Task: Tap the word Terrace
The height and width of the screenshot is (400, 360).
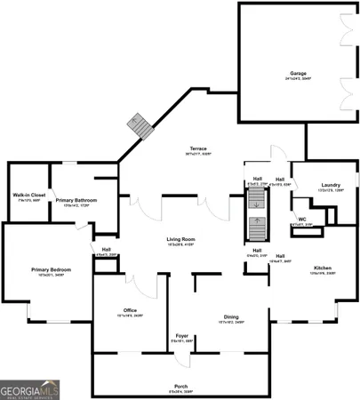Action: (198, 148)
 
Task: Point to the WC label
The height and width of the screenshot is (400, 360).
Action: (301, 219)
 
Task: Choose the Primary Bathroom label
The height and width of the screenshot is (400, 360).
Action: (76, 201)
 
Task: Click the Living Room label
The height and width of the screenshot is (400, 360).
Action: (180, 240)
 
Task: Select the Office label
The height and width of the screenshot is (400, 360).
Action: (130, 309)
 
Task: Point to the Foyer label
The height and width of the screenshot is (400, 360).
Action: (181, 335)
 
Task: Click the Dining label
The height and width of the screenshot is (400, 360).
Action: (230, 317)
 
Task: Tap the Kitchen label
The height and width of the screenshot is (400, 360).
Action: (321, 268)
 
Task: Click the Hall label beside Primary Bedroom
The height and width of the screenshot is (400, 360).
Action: (106, 250)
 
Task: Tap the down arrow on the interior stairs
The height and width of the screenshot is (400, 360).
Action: (256, 204)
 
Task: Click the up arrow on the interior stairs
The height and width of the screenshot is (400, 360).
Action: (256, 221)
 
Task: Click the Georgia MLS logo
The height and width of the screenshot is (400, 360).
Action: (30, 389)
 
